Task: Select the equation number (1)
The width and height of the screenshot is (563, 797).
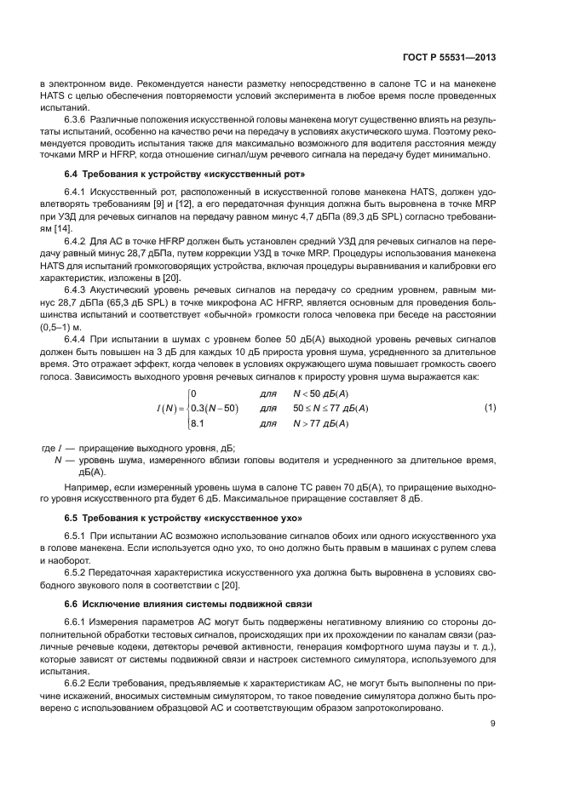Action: pos(490,407)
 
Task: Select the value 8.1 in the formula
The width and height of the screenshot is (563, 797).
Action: pos(197,423)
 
